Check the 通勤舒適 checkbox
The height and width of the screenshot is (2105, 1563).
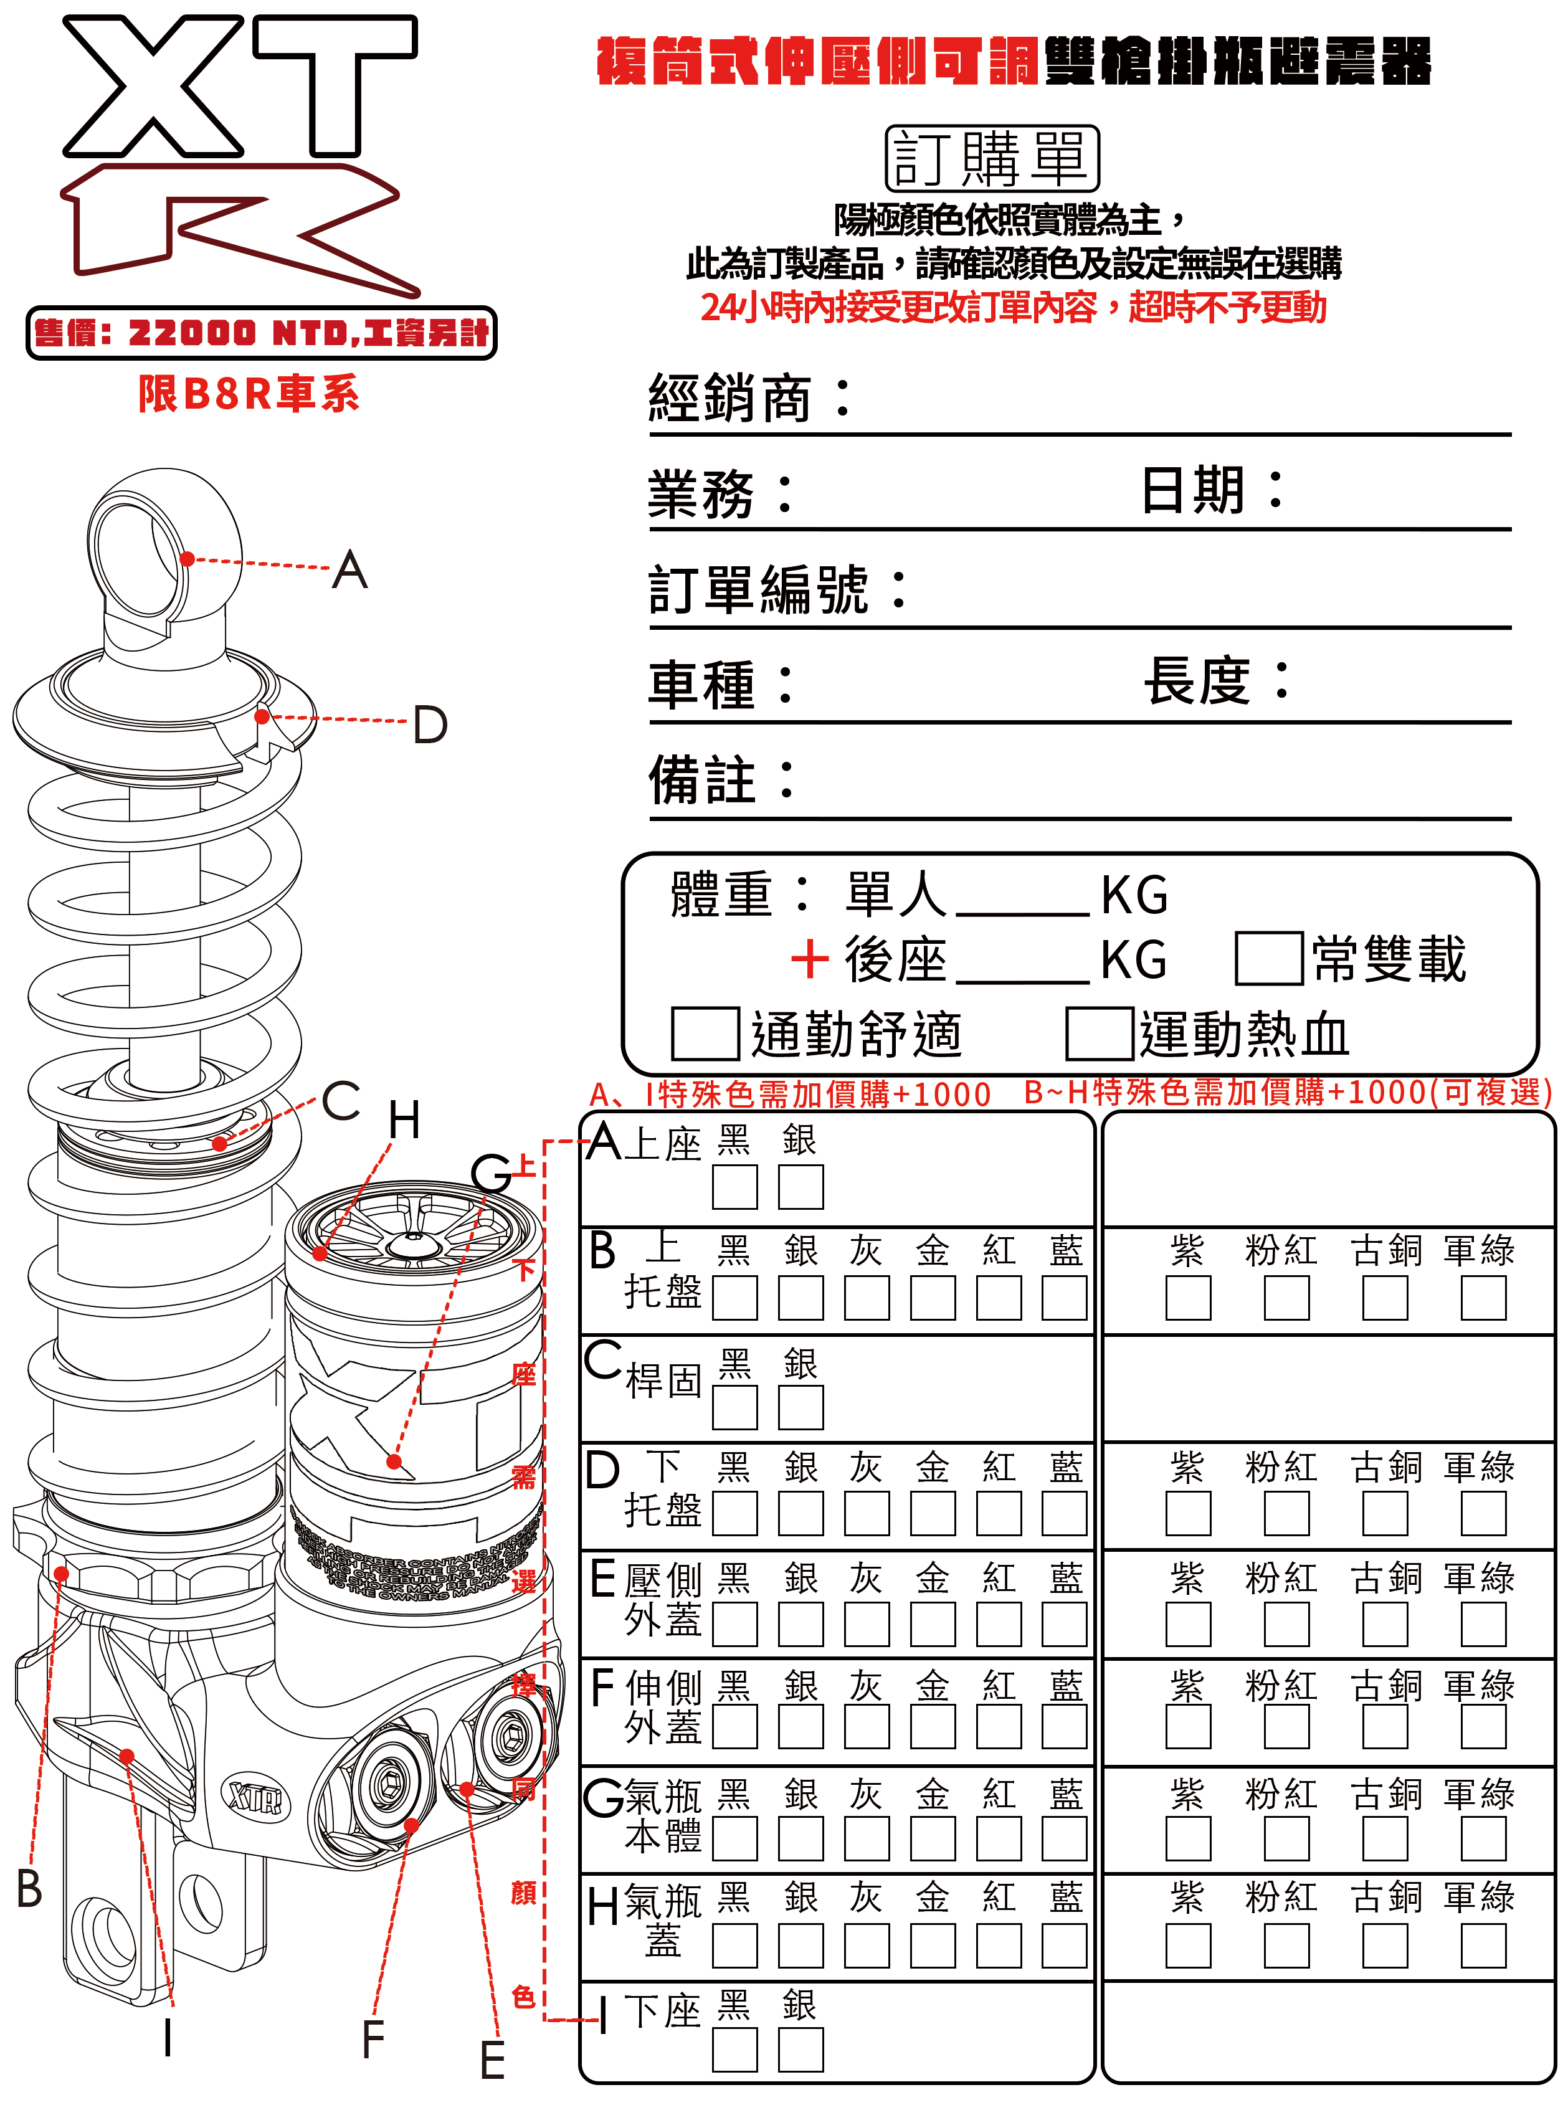click(x=704, y=1033)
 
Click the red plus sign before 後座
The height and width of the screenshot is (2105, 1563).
click(x=809, y=959)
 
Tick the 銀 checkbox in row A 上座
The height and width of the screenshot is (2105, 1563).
click(x=801, y=1186)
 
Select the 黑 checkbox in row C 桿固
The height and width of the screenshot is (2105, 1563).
click(x=734, y=1407)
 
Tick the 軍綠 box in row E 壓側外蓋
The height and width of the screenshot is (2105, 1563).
click(x=1483, y=1623)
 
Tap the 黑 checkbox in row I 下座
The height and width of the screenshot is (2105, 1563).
click(x=734, y=2050)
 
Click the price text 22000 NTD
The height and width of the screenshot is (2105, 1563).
click(x=237, y=333)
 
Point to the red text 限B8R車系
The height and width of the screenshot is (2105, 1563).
click(x=248, y=394)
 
